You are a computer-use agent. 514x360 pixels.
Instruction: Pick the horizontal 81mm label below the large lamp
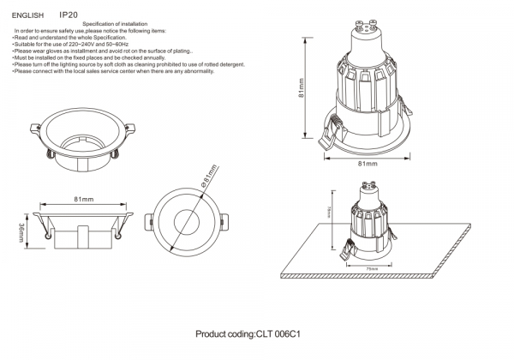(366, 162)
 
